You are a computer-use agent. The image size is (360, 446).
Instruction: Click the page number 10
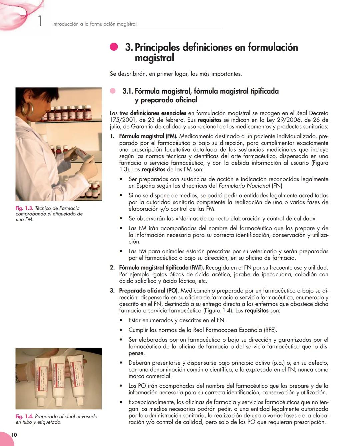tap(14, 435)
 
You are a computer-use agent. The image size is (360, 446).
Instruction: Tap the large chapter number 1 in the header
tap(40, 21)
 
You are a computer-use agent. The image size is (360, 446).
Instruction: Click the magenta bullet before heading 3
tap(114, 47)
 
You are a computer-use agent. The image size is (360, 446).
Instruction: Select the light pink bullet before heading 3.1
tap(113, 91)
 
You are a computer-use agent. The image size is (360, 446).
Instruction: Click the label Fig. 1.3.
tap(24, 208)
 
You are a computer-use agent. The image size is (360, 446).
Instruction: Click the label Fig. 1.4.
tap(24, 416)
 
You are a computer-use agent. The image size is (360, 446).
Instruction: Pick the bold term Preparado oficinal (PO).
tap(149, 291)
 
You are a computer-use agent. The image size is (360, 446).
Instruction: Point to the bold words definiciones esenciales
tap(158, 113)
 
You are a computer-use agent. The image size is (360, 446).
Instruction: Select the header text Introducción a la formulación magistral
tap(94, 24)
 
